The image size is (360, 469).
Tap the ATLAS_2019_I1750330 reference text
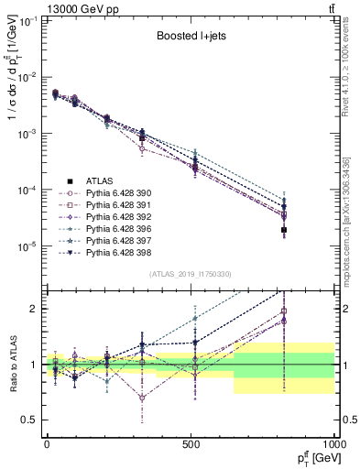click(x=191, y=274)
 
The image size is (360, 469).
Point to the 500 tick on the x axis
click(x=191, y=444)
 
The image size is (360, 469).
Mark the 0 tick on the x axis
click(x=47, y=444)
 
